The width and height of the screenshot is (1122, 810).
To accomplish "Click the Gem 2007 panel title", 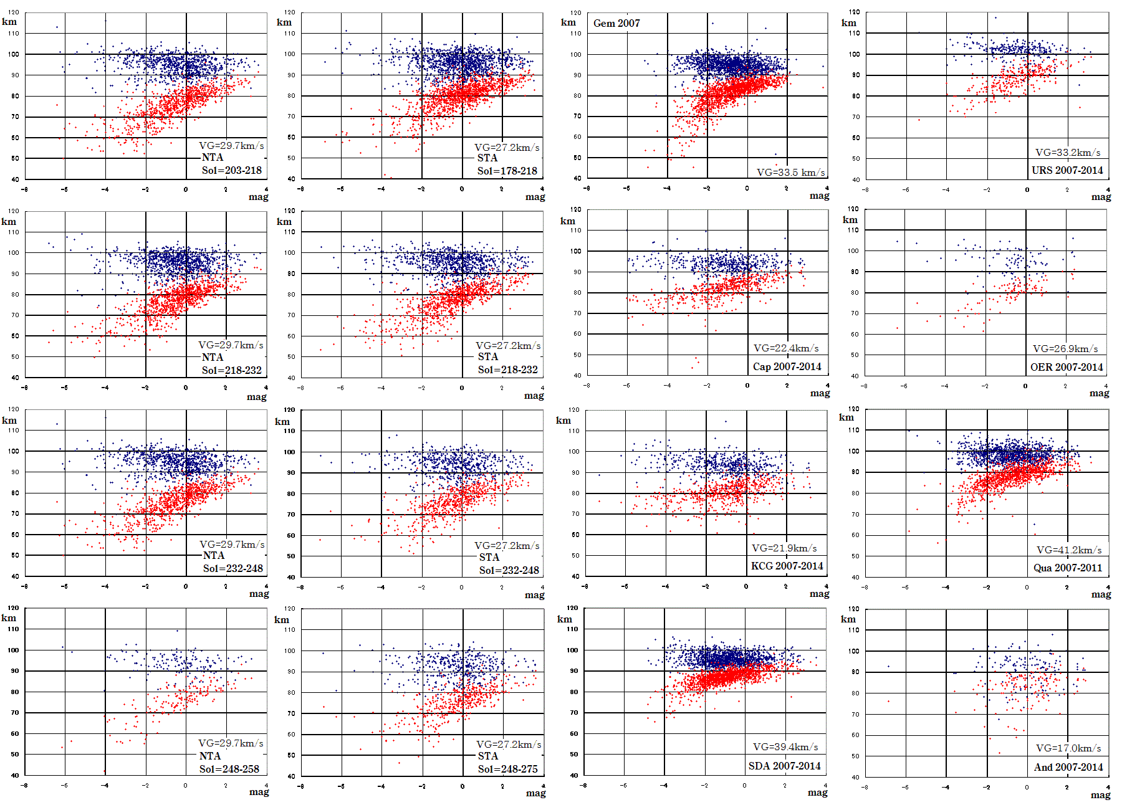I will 616,23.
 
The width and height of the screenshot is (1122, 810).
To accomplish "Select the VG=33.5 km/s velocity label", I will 790,173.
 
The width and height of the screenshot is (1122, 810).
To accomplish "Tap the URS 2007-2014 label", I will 1067,170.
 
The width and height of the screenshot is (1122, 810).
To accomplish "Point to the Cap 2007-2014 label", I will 787,366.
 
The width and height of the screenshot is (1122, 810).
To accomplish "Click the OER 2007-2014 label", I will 1067,367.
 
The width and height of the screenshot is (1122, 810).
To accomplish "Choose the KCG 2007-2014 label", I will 787,566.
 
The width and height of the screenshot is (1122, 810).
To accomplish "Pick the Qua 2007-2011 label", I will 1067,568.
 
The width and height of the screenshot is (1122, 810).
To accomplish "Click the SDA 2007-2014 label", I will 784,766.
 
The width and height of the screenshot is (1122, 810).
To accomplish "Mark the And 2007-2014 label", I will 1068,767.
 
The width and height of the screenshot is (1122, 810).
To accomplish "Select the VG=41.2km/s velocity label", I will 1069,550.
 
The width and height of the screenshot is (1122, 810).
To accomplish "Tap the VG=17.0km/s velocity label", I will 1068,748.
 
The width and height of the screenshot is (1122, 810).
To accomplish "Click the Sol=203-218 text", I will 231,170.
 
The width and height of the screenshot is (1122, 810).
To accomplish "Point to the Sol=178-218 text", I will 507,171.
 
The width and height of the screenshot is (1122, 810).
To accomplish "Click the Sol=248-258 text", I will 229,769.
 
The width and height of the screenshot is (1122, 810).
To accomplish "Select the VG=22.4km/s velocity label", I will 786,348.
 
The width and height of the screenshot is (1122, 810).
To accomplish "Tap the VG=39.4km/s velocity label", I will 785,747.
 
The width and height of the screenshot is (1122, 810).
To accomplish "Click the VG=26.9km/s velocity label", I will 1065,349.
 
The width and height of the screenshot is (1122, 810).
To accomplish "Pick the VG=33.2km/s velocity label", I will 1068,153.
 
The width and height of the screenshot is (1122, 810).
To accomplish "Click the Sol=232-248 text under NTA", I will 233,568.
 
